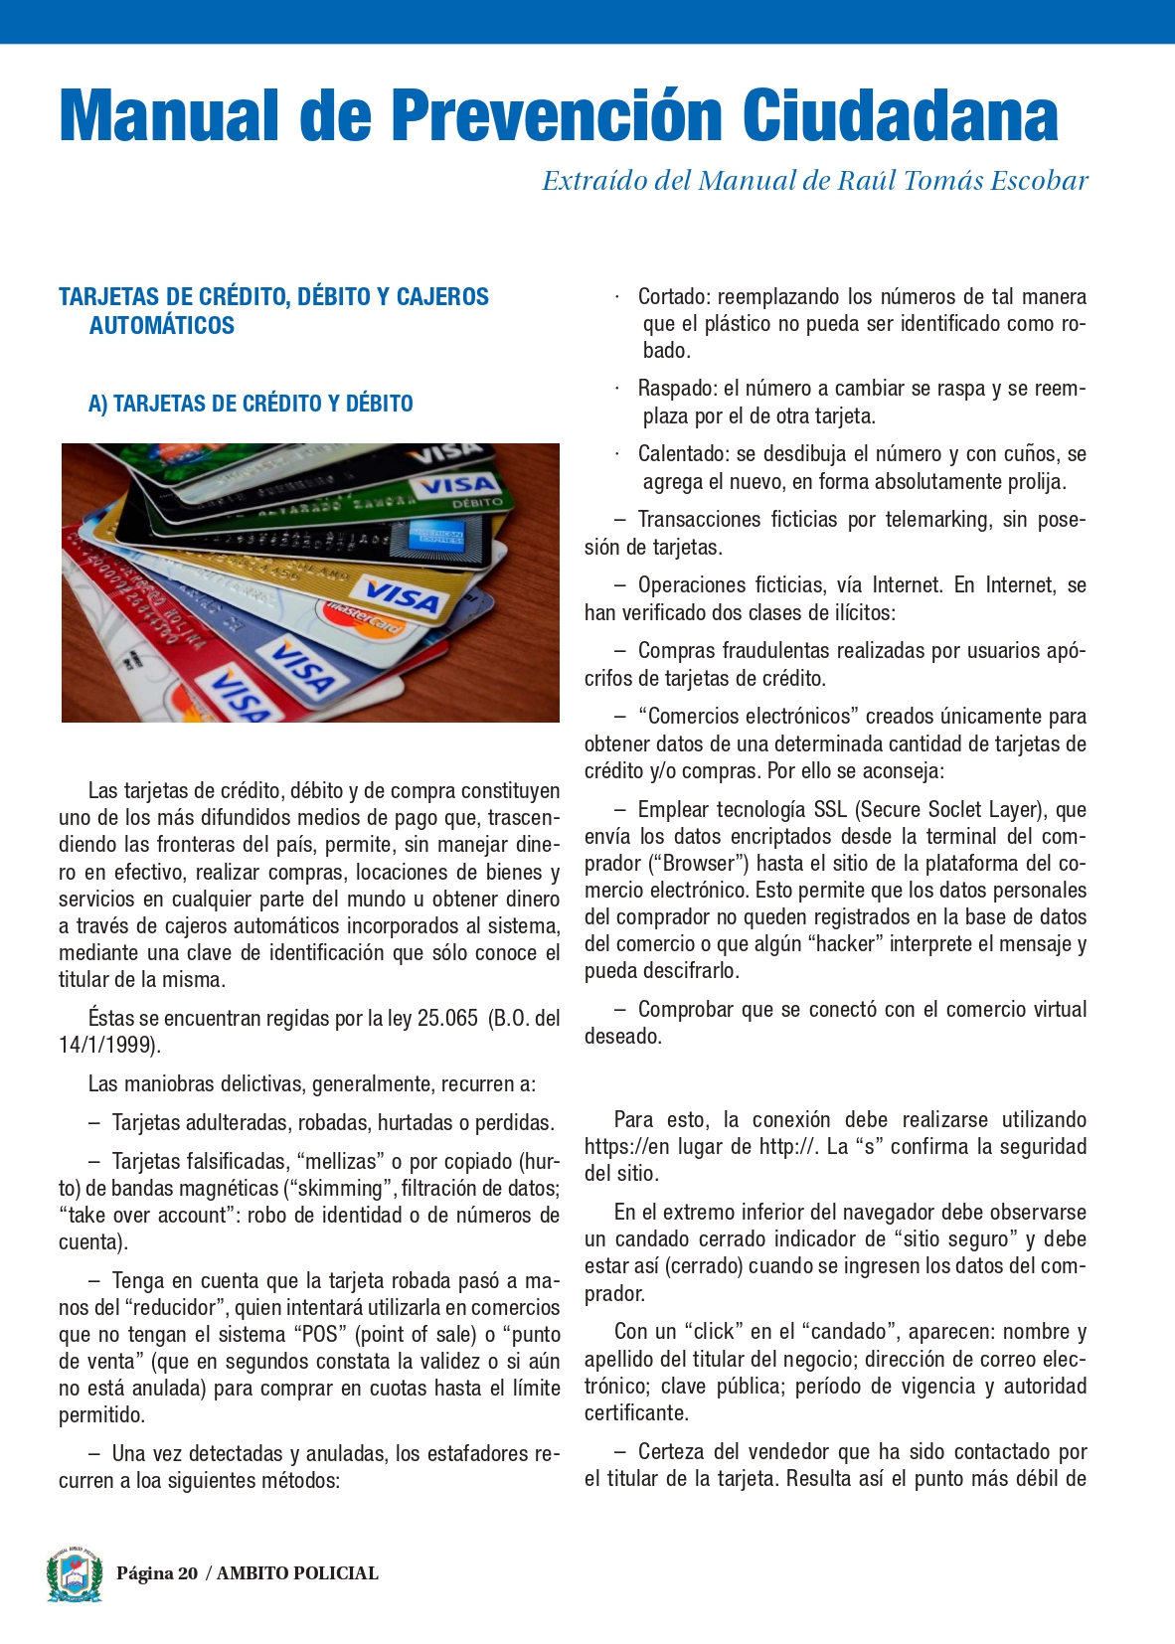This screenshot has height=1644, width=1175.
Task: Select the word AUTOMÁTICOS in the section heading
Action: (161, 325)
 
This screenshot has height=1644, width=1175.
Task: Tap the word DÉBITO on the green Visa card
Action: (477, 502)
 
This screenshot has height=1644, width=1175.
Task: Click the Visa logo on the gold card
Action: (402, 595)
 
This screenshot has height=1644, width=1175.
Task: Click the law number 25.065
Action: (447, 1019)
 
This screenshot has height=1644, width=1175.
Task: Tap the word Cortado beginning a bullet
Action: (672, 297)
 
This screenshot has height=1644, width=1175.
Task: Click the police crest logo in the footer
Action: (75, 1574)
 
